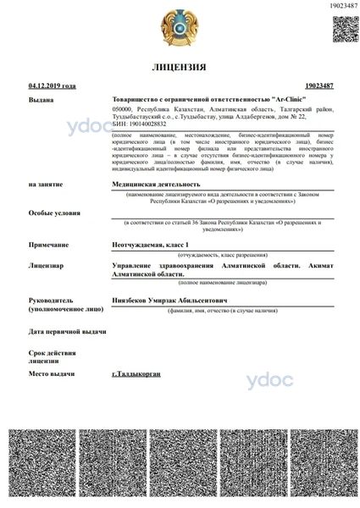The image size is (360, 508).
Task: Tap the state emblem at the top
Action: click(x=179, y=27)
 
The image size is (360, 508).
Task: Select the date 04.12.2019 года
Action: click(x=52, y=86)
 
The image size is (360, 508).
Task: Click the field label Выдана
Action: click(x=41, y=99)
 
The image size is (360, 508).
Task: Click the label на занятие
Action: click(x=45, y=183)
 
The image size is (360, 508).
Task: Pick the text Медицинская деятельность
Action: click(x=156, y=183)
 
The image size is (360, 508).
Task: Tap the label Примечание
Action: click(x=48, y=244)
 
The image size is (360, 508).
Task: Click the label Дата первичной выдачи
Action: click(x=67, y=332)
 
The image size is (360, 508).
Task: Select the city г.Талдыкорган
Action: click(x=136, y=373)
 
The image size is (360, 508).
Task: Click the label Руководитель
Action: click(x=51, y=300)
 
